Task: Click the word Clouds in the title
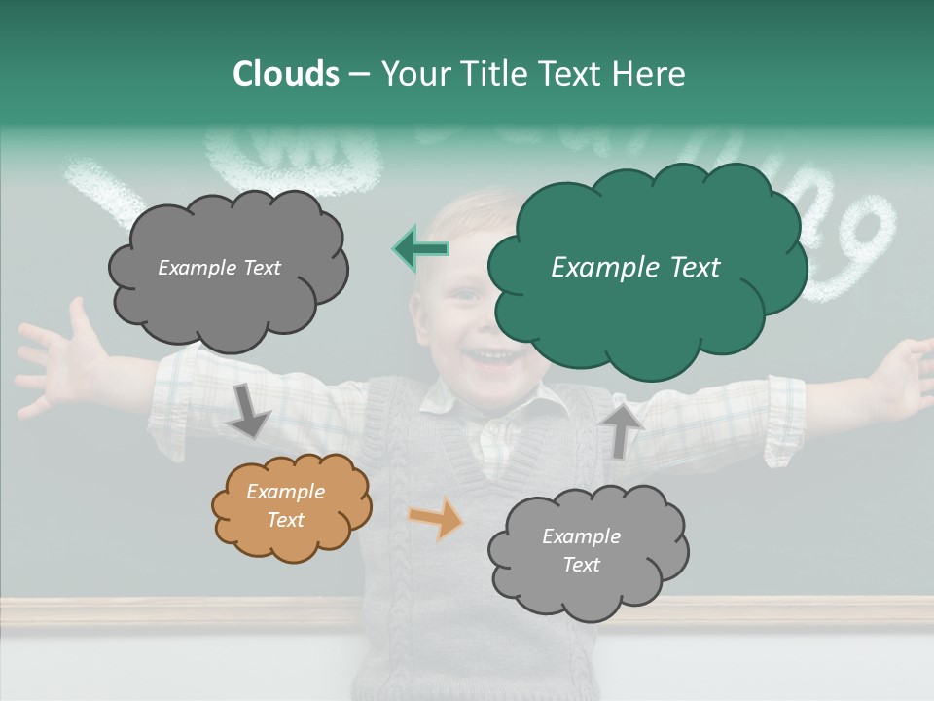(x=285, y=74)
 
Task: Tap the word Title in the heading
(x=491, y=74)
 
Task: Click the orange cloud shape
(x=291, y=506)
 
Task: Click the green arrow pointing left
(x=420, y=249)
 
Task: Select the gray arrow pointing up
(x=621, y=427)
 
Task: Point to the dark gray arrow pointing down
(x=248, y=410)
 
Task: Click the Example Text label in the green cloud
(x=635, y=268)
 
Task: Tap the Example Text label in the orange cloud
(x=285, y=505)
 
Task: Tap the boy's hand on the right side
(x=900, y=375)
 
